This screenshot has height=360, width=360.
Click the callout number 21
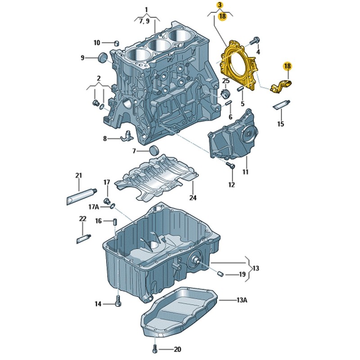(78, 175)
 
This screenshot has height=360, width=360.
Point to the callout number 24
(193, 197)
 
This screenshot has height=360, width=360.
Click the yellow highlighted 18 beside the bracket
(288, 66)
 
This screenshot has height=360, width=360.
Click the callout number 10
(97, 43)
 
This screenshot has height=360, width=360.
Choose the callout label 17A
(93, 207)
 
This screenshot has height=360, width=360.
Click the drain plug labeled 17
(107, 201)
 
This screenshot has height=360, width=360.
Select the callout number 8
(105, 139)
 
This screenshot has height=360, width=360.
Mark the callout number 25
(226, 81)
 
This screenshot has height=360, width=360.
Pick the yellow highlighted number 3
(220, 5)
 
